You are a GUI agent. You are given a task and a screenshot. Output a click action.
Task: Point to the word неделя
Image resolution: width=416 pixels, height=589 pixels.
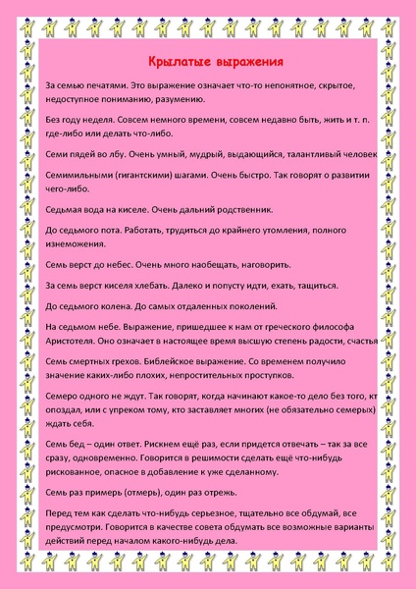[x=101, y=120]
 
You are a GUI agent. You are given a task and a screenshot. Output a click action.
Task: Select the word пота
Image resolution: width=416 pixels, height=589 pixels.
[x=115, y=231]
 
